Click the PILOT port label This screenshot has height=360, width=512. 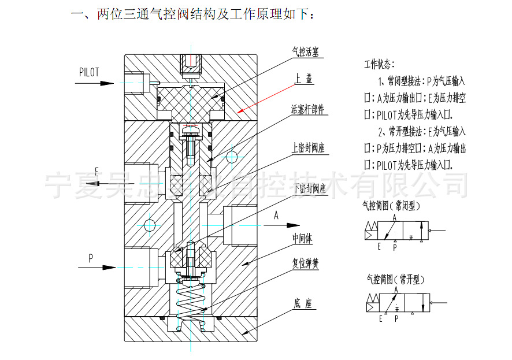tap(90, 72)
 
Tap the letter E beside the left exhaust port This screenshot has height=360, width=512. tap(97, 170)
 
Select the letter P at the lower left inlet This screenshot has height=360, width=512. tap(91, 258)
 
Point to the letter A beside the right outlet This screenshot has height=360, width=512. tap(276, 216)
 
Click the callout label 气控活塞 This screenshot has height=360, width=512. tap(307, 53)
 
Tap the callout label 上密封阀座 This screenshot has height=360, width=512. tap(308, 148)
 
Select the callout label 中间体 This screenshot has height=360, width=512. tap(303, 237)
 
